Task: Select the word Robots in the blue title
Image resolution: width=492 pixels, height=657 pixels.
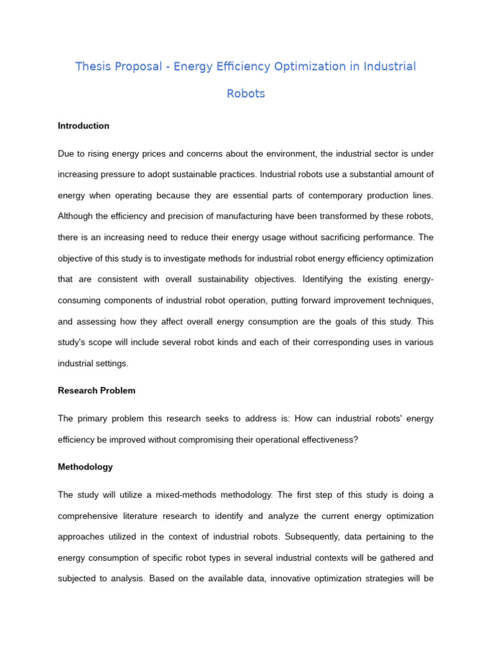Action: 246,94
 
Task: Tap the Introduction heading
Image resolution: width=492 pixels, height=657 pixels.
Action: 83,126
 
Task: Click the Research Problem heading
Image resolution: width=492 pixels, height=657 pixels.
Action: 97,390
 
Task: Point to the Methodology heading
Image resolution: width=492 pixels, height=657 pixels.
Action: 85,467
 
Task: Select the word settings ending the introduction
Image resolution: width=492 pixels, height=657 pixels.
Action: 111,363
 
